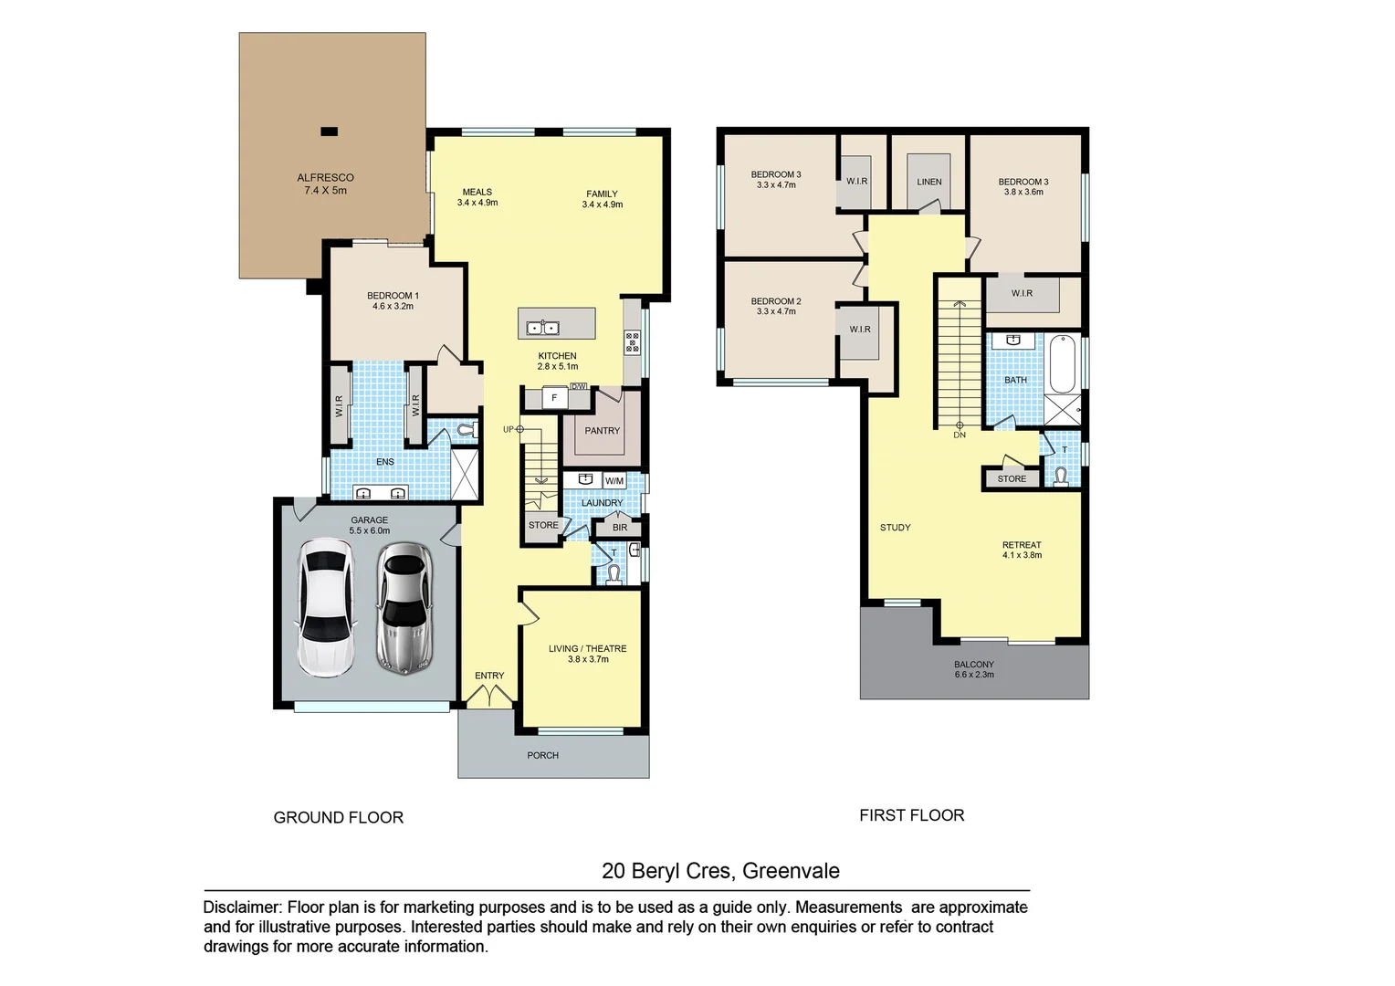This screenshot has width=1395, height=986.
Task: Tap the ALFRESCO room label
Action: tap(325, 178)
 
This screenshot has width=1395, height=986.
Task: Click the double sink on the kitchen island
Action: tap(542, 327)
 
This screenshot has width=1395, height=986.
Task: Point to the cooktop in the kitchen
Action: tap(632, 343)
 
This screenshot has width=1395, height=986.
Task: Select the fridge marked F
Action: tap(553, 398)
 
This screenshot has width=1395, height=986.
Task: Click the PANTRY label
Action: tap(602, 431)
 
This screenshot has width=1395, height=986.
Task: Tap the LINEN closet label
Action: tap(928, 182)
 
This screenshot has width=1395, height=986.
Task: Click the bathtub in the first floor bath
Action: tap(1062, 364)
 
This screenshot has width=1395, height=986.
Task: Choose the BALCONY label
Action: tap(973, 665)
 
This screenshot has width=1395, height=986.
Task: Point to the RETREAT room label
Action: tap(1021, 545)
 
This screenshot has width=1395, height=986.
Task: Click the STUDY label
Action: tap(895, 528)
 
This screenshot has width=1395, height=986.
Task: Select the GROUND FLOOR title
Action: tap(338, 818)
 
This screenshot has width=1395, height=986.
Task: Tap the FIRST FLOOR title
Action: tap(911, 815)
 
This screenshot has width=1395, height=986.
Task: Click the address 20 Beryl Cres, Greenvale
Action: tap(719, 871)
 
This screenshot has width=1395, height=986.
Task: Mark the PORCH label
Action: tap(542, 755)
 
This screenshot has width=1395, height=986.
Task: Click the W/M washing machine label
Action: tap(614, 481)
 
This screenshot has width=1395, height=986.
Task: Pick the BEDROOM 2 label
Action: tap(775, 301)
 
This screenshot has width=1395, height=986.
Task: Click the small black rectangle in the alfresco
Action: tap(329, 131)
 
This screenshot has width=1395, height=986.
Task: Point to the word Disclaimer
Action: tap(241, 907)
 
